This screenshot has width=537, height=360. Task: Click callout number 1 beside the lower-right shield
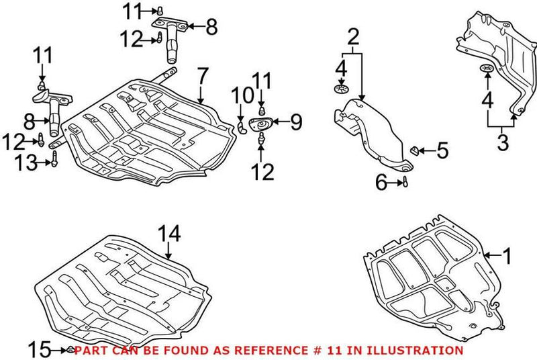[507, 256]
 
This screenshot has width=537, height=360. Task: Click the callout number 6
[380, 181]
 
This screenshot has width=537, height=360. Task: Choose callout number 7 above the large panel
[202, 77]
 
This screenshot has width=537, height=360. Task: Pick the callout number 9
[296, 122]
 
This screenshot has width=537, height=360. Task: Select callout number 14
[170, 234]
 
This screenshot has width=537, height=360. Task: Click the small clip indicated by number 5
[416, 150]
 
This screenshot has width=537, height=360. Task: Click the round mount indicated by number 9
[260, 124]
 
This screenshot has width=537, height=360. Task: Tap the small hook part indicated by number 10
[243, 126]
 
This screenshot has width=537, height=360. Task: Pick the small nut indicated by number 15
[69, 349]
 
